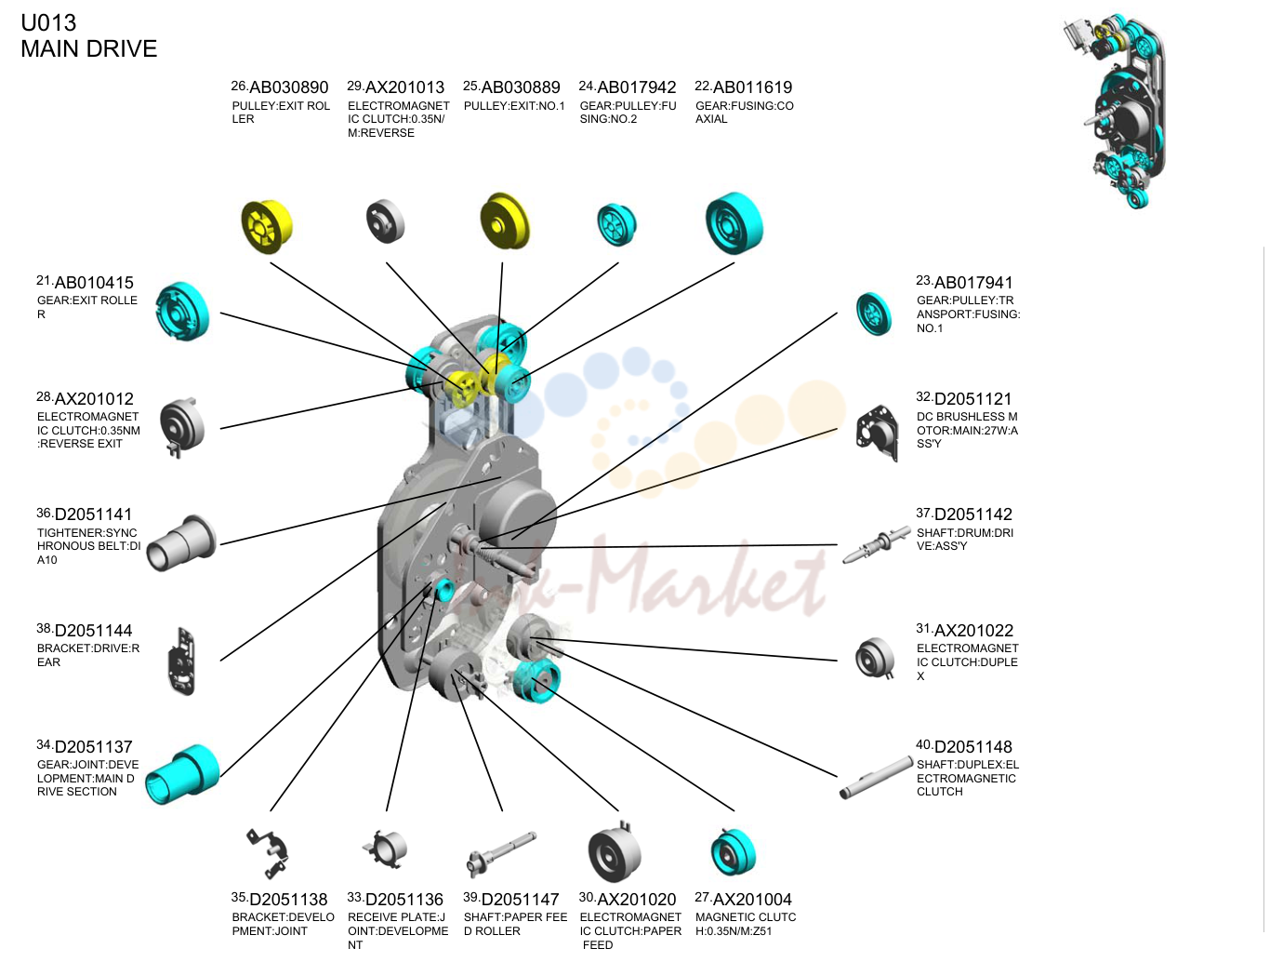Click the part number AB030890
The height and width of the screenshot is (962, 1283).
[x=289, y=87]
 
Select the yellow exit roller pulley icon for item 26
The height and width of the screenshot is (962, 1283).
[x=267, y=226]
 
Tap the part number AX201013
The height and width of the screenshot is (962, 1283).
[x=404, y=87]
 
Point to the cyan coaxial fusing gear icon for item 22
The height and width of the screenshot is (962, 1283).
[x=734, y=223]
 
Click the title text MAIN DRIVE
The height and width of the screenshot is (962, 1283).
[x=89, y=48]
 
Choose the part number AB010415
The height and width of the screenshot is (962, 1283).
[x=94, y=283]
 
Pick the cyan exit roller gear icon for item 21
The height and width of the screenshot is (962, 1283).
[x=182, y=311]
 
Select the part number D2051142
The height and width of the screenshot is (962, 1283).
[x=973, y=514]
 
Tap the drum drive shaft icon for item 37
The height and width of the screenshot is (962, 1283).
[x=876, y=544]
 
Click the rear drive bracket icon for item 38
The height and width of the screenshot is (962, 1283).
[x=183, y=661]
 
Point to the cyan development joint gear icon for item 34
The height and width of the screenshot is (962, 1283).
[x=182, y=775]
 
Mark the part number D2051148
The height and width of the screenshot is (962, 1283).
[x=973, y=747]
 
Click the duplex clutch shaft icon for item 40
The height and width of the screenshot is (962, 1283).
[x=876, y=777]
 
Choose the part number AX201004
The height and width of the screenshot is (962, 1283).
[x=752, y=900]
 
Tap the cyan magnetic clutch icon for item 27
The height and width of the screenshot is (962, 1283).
[x=734, y=852]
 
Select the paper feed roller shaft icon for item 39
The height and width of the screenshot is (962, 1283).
[x=501, y=854]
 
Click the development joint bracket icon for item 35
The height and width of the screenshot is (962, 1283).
[x=268, y=854]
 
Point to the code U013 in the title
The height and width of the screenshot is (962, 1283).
[x=48, y=23]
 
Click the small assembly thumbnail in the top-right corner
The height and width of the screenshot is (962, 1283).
[x=1115, y=111]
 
